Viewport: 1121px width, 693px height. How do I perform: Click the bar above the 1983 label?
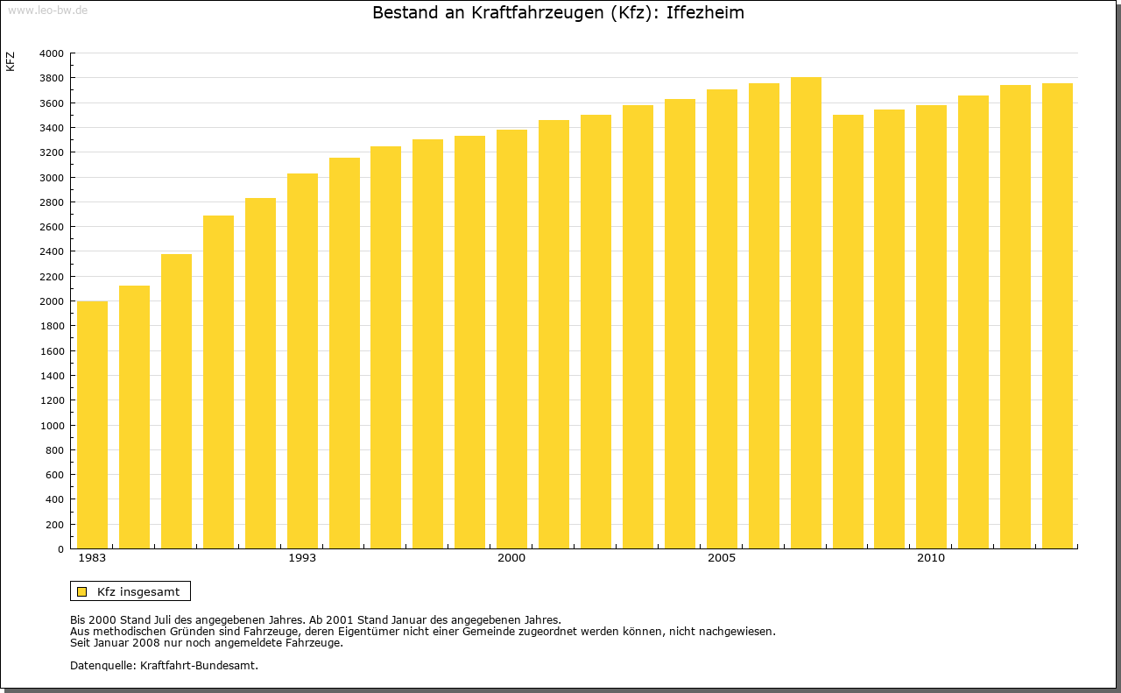92,425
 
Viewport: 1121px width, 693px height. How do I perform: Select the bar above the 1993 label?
302,361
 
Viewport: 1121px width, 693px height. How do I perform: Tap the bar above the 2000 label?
511,339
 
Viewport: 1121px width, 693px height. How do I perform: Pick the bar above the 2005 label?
722,319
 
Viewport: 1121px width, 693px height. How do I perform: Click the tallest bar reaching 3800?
806,313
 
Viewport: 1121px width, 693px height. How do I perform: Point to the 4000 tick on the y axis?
52,53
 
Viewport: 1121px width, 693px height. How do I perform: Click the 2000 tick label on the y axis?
52,301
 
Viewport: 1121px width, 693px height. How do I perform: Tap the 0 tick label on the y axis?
60,549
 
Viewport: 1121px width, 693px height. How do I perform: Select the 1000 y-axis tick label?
52,426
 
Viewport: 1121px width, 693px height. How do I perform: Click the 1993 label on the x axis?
302,558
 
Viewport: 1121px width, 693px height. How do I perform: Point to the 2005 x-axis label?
722,558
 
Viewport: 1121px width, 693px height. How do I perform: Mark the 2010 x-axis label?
931,558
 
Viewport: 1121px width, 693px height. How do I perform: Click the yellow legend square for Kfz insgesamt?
82,591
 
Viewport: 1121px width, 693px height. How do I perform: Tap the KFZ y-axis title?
11,61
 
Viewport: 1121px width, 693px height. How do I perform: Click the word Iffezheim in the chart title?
705,13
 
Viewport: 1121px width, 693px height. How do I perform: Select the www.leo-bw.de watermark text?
46,10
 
